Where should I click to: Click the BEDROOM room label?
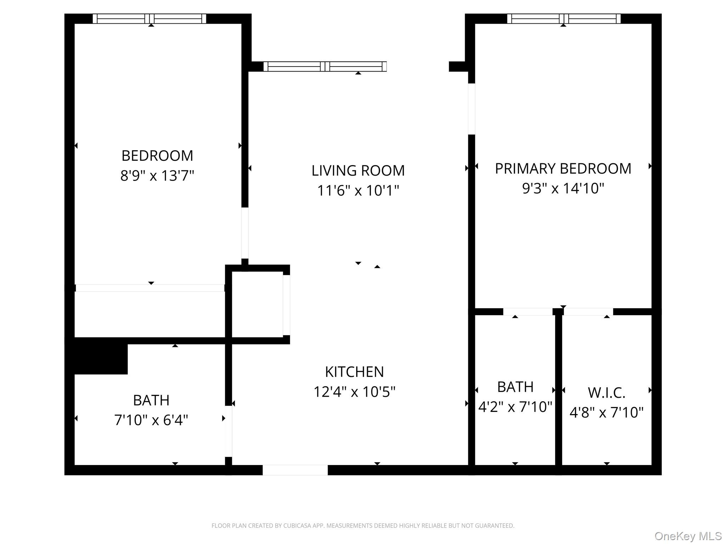click(157, 156)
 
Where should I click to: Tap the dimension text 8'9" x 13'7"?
click(157, 176)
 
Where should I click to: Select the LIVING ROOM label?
click(358, 171)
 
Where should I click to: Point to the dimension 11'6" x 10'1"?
click(358, 191)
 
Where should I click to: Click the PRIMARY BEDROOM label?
click(563, 169)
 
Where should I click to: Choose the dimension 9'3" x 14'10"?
click(563, 188)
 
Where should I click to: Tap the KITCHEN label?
click(354, 372)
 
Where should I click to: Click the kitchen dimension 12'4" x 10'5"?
click(354, 392)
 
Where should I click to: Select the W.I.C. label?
click(607, 393)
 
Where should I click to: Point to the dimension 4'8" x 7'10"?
click(607, 413)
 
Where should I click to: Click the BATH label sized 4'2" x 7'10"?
click(515, 387)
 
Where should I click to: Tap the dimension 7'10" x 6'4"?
click(151, 420)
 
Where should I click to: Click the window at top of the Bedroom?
click(149, 19)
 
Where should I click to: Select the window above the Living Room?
click(325, 67)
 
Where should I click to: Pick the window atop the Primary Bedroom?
click(564, 19)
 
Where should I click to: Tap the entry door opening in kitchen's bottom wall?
click(295, 470)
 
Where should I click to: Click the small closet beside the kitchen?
click(257, 305)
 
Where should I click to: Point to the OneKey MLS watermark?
click(688, 536)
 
